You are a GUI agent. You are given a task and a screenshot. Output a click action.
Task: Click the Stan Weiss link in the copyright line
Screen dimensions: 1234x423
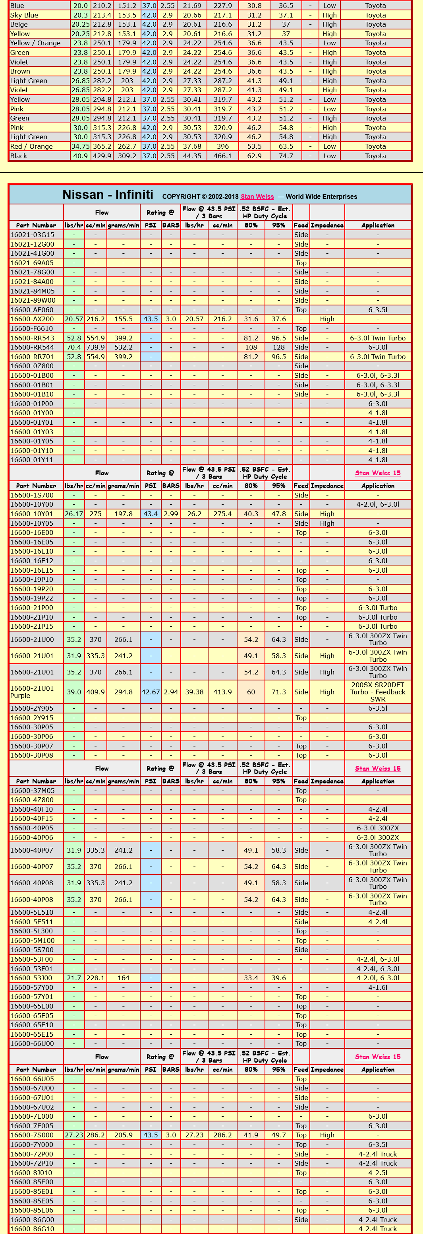coord(257,196)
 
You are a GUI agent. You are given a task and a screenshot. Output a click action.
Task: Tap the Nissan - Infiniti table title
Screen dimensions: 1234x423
coord(108,194)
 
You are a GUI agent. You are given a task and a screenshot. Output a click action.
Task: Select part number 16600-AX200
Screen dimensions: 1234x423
coord(32,319)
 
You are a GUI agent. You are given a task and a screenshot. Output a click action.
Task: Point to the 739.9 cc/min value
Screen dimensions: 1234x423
coord(95,347)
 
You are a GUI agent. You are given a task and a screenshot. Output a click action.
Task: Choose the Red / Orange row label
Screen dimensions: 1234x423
coord(32,147)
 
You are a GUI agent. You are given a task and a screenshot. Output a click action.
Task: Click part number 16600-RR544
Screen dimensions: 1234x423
coord(32,347)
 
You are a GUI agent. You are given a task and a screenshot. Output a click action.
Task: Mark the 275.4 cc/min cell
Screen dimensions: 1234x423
coord(222,514)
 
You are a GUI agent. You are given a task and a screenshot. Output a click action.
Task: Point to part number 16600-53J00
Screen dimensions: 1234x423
coord(32,978)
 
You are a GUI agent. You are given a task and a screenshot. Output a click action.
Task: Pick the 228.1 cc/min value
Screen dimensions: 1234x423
coord(95,978)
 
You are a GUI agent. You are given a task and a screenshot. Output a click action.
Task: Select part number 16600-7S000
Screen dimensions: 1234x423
coord(32,1135)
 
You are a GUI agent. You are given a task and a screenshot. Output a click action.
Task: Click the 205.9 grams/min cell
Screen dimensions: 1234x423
coord(124,1135)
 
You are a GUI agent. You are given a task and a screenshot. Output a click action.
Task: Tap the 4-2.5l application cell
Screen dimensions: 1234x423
coord(378,1173)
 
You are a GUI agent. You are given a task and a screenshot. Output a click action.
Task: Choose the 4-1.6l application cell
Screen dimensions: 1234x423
coord(378,987)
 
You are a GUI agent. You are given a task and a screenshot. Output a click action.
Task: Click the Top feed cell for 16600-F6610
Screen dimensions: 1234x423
coord(301,328)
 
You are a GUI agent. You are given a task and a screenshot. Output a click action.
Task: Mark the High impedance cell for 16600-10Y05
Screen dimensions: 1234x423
coord(327,524)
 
